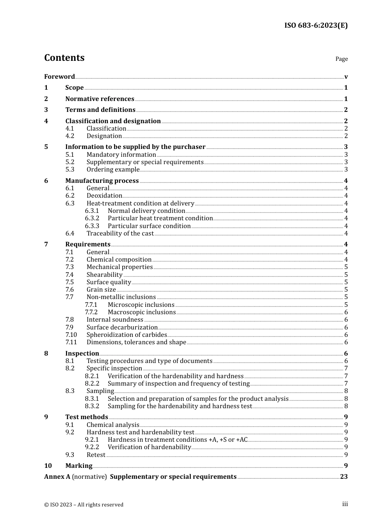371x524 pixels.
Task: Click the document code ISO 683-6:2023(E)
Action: [x=316, y=25]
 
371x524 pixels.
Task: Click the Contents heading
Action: [x=64, y=58]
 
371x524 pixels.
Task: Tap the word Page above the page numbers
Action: [x=341, y=59]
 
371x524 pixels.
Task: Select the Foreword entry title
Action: [x=59, y=76]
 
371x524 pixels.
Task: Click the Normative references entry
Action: [x=100, y=99]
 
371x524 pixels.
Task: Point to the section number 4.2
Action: [x=70, y=136]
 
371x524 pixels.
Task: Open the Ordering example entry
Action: [x=113, y=170]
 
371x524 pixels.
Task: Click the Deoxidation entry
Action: [x=104, y=196]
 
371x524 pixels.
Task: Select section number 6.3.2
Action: [x=92, y=218]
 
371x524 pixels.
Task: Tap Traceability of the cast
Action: [x=120, y=234]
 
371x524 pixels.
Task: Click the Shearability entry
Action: [x=104, y=275]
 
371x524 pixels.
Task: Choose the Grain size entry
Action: [x=101, y=290]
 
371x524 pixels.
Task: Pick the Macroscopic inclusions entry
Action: [x=141, y=312]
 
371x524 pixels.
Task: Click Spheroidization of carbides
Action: [x=127, y=335]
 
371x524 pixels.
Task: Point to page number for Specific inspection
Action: [x=346, y=368]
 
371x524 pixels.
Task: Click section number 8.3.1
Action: [x=92, y=399]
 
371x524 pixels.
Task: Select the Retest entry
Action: [x=96, y=455]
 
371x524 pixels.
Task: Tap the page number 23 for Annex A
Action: [x=344, y=477]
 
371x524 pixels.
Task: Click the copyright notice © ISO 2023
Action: [x=84, y=505]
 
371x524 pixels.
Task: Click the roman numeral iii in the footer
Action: [x=345, y=504]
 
